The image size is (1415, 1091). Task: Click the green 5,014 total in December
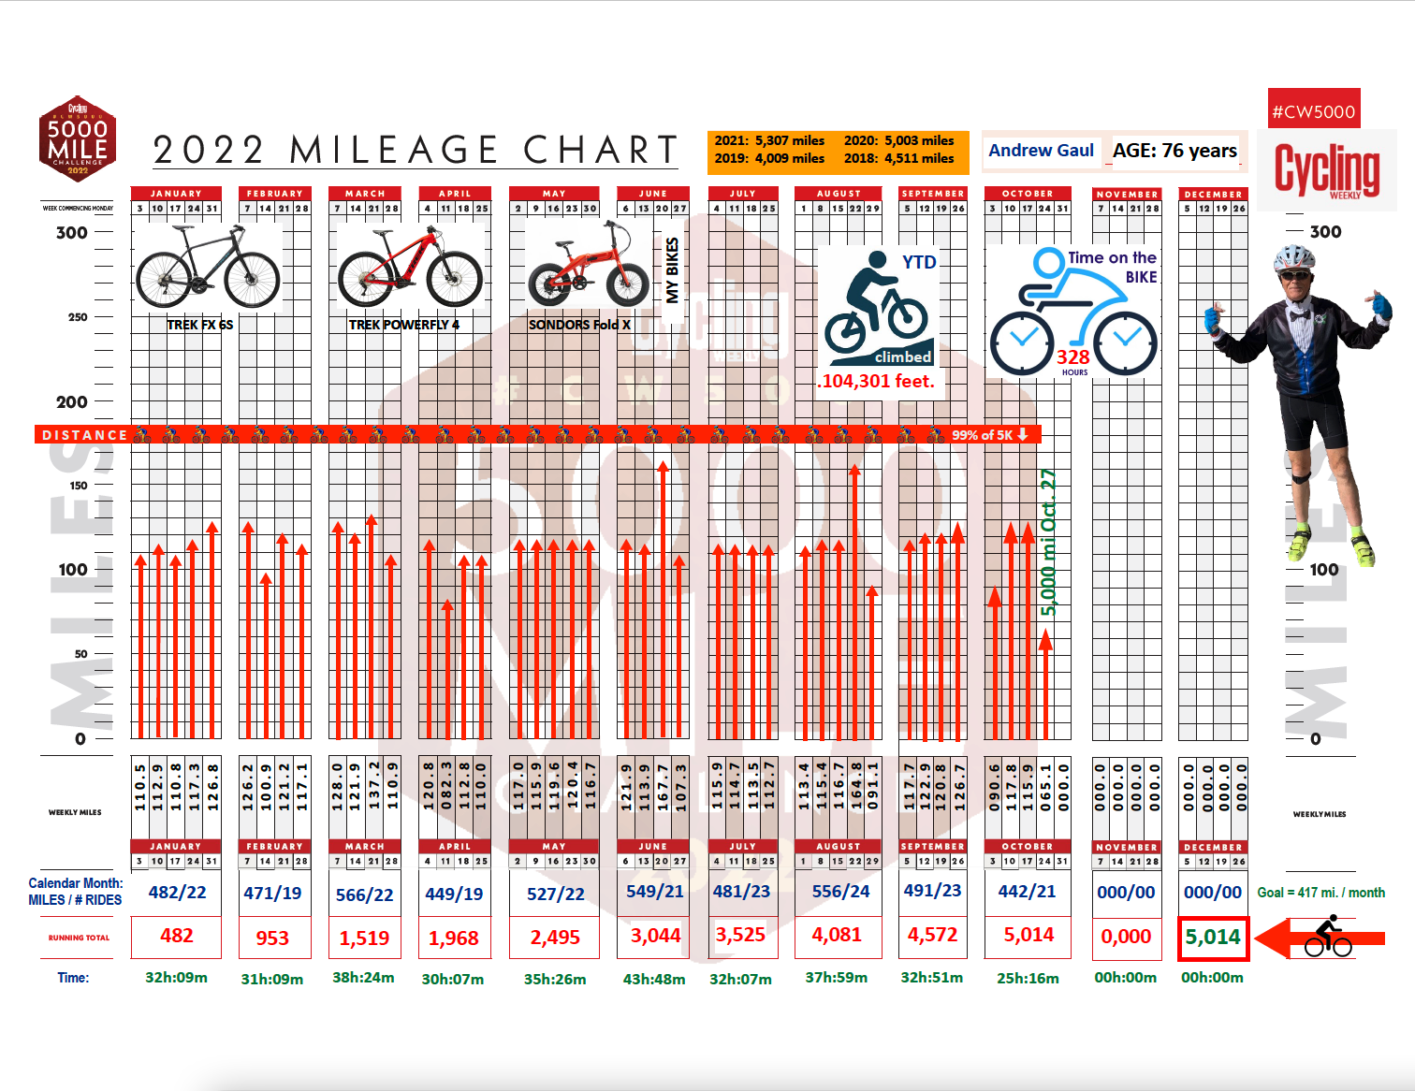pyautogui.click(x=1212, y=938)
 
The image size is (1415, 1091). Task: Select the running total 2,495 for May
pyautogui.click(x=555, y=938)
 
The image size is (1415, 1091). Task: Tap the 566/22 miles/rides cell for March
pyautogui.click(x=364, y=895)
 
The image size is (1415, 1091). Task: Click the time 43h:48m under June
pyautogui.click(x=653, y=979)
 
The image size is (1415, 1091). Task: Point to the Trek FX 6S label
pyautogui.click(x=199, y=325)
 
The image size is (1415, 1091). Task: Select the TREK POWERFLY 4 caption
pyautogui.click(x=404, y=325)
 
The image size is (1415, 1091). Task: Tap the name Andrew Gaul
pyautogui.click(x=1041, y=151)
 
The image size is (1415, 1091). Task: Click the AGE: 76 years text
pyautogui.click(x=1174, y=151)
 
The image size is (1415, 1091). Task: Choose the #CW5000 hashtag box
pyautogui.click(x=1313, y=111)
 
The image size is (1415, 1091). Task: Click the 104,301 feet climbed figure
pyautogui.click(x=877, y=381)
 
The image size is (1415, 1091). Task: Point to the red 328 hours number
pyautogui.click(x=1072, y=357)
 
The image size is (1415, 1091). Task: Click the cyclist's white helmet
pyautogui.click(x=1294, y=256)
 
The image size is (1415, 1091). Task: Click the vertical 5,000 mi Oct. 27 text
pyautogui.click(x=1048, y=543)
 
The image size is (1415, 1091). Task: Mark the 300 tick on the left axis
pyautogui.click(x=72, y=233)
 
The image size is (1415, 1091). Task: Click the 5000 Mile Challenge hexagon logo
pyautogui.click(x=78, y=138)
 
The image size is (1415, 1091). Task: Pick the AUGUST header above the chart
pyautogui.click(x=839, y=194)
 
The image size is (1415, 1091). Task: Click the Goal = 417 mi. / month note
pyautogui.click(x=1320, y=893)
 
